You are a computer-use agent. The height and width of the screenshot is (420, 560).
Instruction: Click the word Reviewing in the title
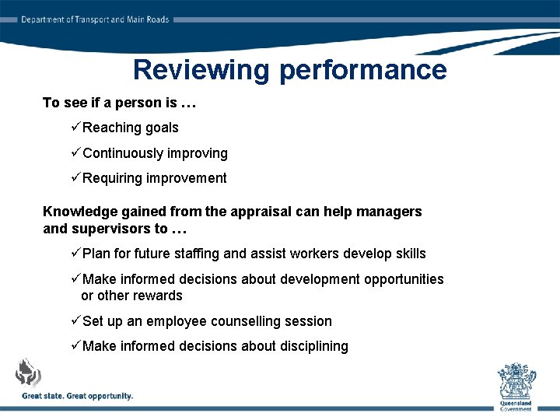pos(202,70)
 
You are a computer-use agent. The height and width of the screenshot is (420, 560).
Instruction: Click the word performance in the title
pos(362,70)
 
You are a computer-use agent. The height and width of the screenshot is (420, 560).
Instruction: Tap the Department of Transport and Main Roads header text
pos(95,19)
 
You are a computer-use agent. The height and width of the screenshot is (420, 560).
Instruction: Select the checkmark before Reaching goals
pos(75,127)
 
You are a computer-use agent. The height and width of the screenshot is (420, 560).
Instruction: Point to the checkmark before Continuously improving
pos(75,152)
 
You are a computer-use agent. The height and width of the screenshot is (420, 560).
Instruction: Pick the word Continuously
pos(123,153)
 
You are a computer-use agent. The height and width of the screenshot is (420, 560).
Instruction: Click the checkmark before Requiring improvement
pos(75,177)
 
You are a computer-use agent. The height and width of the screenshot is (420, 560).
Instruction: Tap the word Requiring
pos(112,178)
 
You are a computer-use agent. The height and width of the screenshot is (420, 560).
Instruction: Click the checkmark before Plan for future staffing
pos(75,253)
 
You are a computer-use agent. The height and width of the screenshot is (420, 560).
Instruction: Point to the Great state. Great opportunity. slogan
pos(77,396)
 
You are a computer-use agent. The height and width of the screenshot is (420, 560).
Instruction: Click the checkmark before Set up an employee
pos(75,320)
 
